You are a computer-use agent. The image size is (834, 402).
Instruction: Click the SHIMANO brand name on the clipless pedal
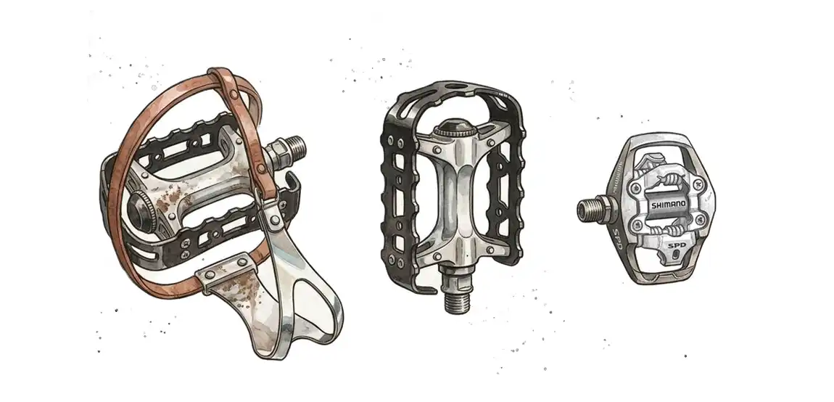click(x=669, y=205)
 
